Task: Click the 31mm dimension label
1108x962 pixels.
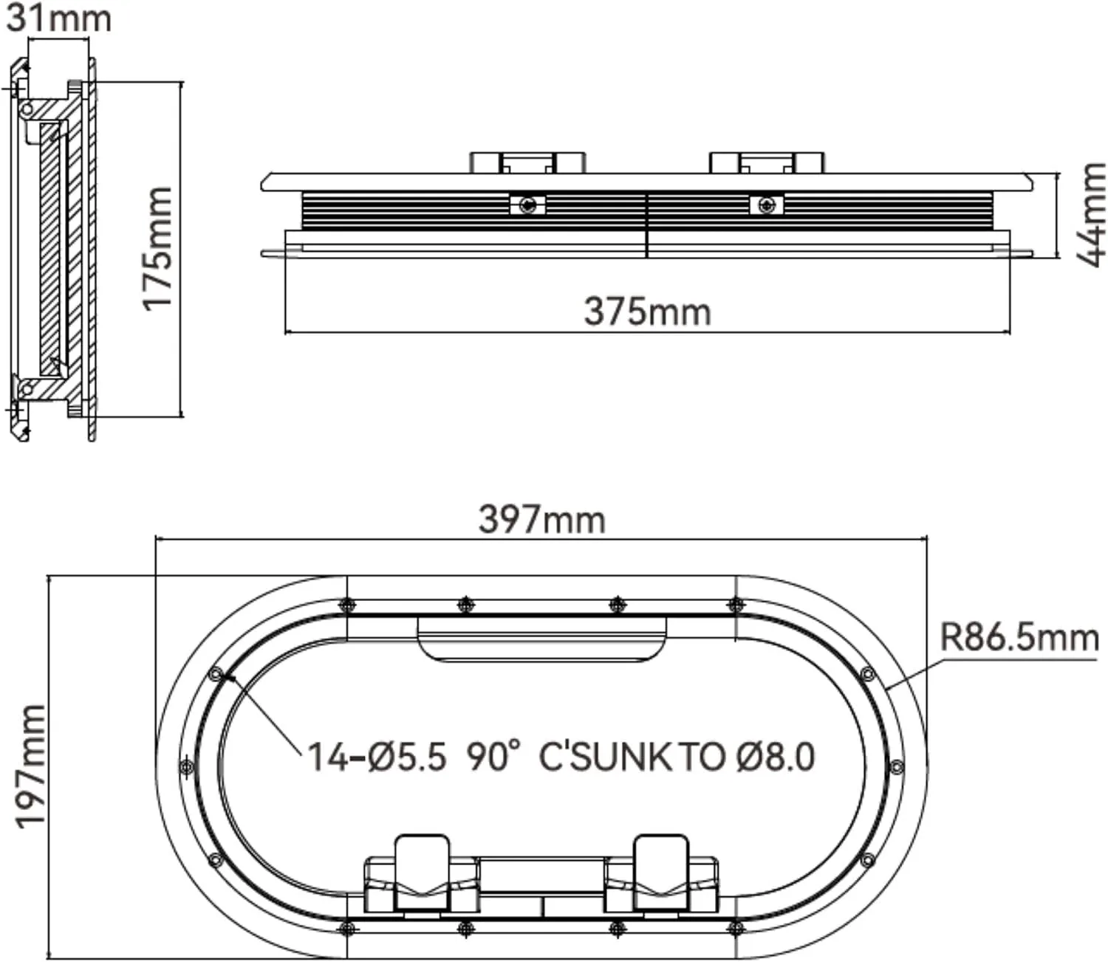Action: click(58, 18)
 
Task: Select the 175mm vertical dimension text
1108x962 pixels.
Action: click(157, 248)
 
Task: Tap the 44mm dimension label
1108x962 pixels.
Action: click(1091, 214)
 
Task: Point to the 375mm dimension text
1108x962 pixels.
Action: click(647, 312)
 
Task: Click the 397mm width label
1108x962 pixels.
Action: click(541, 520)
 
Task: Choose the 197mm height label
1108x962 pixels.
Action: click(30, 766)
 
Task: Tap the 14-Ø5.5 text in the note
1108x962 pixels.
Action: click(377, 757)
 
